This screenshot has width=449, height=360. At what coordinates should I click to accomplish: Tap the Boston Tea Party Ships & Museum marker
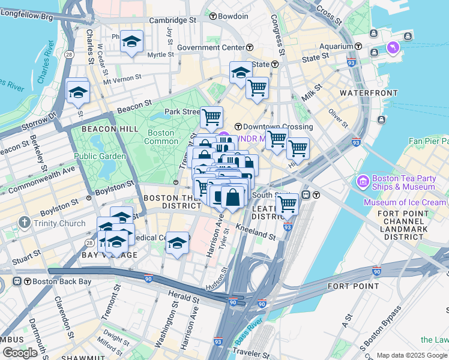(x=363, y=181)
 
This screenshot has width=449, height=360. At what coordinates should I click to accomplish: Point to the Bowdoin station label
(x=234, y=16)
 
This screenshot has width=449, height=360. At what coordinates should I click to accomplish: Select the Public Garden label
(x=100, y=156)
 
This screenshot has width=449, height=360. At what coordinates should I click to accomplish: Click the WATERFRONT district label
(x=369, y=93)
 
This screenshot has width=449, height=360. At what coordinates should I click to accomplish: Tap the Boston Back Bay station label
(x=53, y=281)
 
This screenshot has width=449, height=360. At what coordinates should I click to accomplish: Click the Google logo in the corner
(x=20, y=353)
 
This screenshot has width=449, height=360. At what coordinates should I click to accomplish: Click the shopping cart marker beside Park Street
(x=211, y=117)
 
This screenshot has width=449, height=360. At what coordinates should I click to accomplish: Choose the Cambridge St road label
(x=172, y=20)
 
